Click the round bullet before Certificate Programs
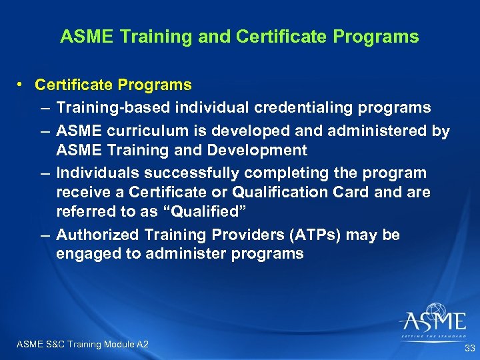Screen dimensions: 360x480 22,85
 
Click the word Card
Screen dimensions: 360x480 361,192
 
